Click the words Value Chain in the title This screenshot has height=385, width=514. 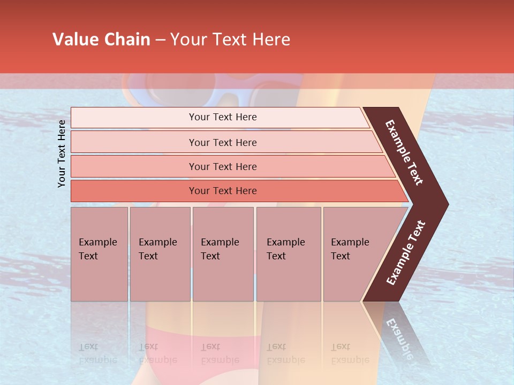101,40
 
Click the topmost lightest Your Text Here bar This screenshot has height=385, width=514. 223,117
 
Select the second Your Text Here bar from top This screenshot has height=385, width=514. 223,142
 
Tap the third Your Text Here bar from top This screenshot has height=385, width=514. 223,166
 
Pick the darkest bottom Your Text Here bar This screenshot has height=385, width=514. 223,191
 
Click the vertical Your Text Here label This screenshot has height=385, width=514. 62,153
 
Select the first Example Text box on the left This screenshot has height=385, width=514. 99,254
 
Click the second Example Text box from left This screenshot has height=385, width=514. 160,254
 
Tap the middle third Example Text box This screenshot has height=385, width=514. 223,254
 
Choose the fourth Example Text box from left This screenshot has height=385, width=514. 288,254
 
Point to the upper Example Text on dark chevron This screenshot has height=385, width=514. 405,152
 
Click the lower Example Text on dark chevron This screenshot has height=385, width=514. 406,253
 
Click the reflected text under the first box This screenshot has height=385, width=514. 97,353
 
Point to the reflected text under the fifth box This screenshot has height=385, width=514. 350,353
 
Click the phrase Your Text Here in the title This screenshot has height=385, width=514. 230,40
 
